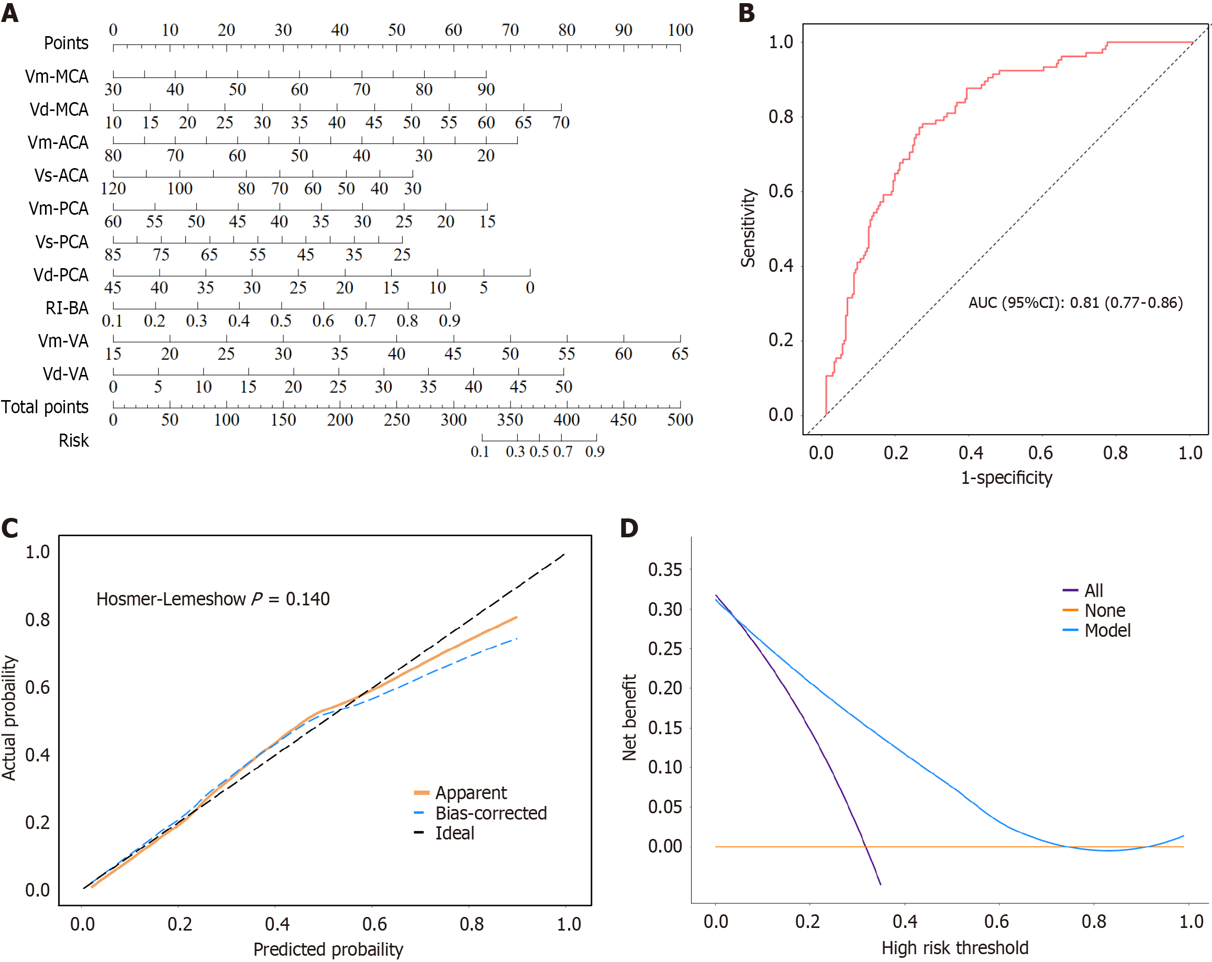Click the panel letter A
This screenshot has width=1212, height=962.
[10, 13]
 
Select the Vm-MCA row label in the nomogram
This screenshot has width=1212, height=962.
[56, 76]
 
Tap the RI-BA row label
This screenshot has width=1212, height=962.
[67, 308]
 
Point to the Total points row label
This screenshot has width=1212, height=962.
[45, 407]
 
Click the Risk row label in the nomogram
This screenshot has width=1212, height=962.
[74, 440]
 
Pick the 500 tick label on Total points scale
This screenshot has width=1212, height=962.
[680, 420]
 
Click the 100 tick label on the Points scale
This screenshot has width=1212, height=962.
[680, 30]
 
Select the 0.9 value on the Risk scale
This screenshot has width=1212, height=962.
[594, 452]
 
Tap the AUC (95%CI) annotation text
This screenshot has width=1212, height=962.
[1075, 303]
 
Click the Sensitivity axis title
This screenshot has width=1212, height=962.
[748, 228]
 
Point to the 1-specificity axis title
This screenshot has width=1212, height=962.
[1006, 478]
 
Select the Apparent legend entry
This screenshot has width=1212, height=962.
[471, 793]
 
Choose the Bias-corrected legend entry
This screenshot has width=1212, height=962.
[490, 813]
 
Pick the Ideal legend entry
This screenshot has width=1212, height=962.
[454, 833]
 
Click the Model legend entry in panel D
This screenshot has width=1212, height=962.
[1107, 631]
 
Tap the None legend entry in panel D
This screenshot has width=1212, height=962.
[1104, 611]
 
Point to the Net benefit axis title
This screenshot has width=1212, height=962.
[629, 717]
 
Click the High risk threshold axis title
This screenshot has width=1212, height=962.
[954, 948]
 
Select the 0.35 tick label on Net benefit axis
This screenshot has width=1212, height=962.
[664, 570]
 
